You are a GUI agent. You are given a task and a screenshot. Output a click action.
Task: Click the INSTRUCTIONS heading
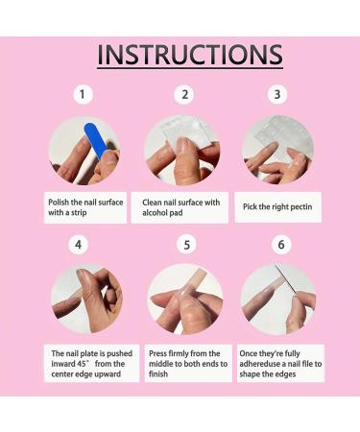pyautogui.click(x=190, y=55)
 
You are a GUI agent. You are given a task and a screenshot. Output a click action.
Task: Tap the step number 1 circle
pyautogui.click(x=83, y=94)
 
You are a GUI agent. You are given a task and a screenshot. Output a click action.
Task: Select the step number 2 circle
pyautogui.click(x=184, y=95)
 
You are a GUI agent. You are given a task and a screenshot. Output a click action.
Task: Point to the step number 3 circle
pyautogui.click(x=277, y=94)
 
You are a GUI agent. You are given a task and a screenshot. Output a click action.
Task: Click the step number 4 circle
pyautogui.click(x=79, y=245)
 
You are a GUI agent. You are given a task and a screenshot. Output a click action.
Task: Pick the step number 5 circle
pyautogui.click(x=186, y=245)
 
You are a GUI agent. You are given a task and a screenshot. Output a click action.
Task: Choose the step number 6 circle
pyautogui.click(x=281, y=245)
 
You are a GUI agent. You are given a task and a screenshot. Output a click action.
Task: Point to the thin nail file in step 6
pyautogui.click(x=285, y=280)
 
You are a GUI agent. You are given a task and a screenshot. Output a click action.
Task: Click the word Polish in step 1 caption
pyautogui.click(x=59, y=203)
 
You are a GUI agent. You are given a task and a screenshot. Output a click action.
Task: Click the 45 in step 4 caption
pyautogui.click(x=81, y=364)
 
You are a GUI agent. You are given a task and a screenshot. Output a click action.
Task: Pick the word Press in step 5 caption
pyautogui.click(x=157, y=353)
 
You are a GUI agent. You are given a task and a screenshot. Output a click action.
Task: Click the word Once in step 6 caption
pyautogui.click(x=249, y=353)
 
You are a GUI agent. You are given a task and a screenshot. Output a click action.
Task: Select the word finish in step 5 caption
pyautogui.click(x=158, y=373)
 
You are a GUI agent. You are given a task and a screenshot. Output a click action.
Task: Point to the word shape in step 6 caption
pyautogui.click(x=250, y=374)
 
